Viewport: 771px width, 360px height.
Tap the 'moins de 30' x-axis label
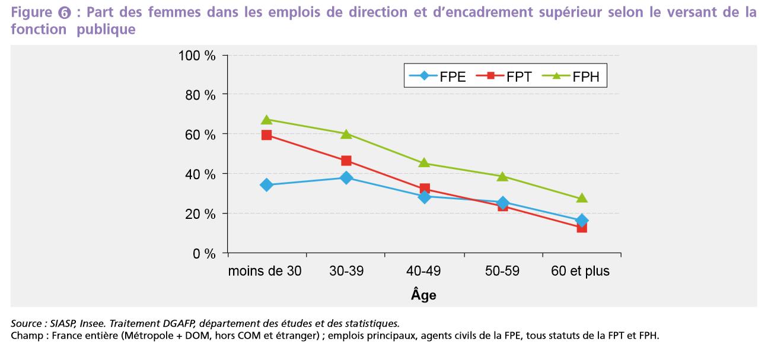(x=265, y=272)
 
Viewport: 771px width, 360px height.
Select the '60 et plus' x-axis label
(x=581, y=272)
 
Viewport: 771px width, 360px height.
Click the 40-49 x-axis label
(x=423, y=272)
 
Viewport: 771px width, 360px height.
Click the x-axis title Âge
(x=423, y=295)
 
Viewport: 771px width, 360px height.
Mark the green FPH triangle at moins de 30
(x=266, y=120)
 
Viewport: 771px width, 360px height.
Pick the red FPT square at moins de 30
(x=266, y=135)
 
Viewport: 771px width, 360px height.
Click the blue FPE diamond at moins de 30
(x=266, y=185)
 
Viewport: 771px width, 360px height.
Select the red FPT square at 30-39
(x=346, y=161)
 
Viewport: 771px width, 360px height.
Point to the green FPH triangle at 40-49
(x=424, y=163)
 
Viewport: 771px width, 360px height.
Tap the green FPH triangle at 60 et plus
(x=582, y=198)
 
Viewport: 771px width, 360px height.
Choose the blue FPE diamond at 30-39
(x=346, y=177)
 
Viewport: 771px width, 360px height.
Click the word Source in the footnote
(x=26, y=324)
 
